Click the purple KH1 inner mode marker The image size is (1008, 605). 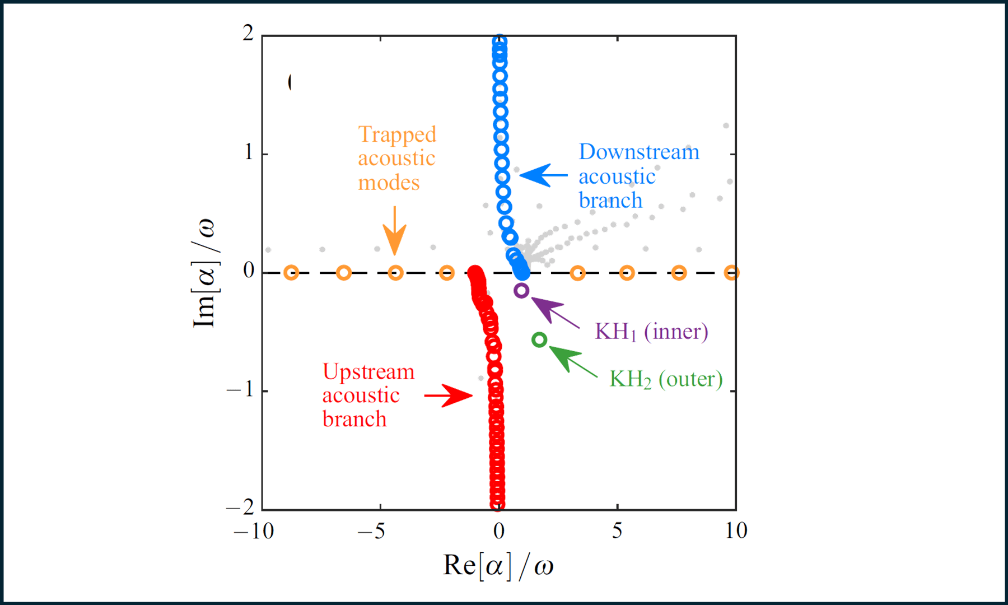[521, 290]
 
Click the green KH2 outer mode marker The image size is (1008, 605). [539, 339]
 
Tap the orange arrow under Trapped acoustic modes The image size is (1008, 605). [395, 232]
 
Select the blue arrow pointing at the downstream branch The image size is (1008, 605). [542, 175]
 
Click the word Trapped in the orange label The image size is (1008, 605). [397, 134]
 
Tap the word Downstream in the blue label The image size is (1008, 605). [639, 152]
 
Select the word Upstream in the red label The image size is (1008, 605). [368, 372]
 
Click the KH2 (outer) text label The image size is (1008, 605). [666, 379]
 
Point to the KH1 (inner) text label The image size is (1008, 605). [651, 332]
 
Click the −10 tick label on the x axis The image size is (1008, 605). [254, 530]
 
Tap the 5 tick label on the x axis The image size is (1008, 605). [617, 530]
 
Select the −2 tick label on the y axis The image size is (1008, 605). [240, 508]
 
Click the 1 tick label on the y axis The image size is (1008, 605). [249, 152]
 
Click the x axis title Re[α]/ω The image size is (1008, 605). [498, 565]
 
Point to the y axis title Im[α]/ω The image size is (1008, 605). [204, 273]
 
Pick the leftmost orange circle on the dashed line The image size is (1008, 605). [291, 273]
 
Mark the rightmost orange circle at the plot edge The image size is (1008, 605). [731, 273]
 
